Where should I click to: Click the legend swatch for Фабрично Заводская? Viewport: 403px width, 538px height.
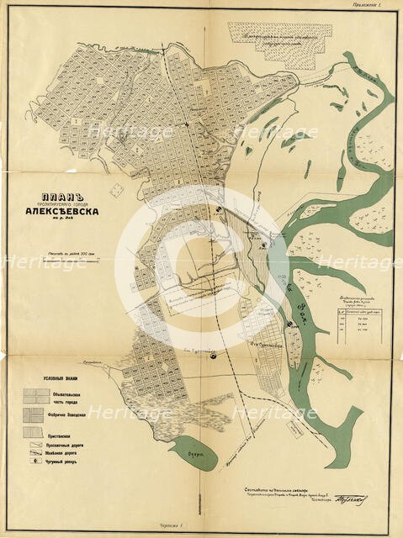(36, 414)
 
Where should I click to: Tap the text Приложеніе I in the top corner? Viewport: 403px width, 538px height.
(369, 7)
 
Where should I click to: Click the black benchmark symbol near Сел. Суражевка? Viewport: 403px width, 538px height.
(213, 355)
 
